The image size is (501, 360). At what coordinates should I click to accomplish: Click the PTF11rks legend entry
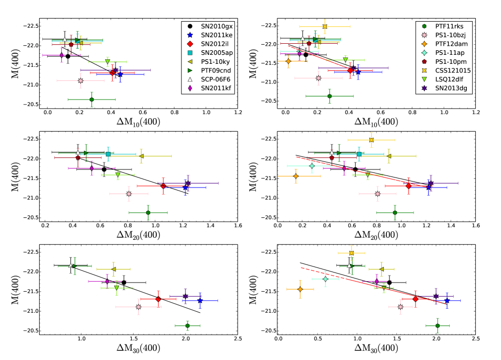pos(448,26)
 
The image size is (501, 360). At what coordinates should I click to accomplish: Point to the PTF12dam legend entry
pos(448,44)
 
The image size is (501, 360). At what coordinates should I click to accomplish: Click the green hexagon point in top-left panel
pos(91,100)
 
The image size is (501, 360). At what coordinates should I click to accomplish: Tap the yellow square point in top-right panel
pos(325,26)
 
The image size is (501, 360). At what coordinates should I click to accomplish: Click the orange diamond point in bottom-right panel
pos(300,289)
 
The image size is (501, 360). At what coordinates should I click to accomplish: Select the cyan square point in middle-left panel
pos(108,154)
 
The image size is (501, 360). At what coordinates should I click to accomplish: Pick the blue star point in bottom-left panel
pos(200,300)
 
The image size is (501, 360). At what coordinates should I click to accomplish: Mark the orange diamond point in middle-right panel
pos(295,176)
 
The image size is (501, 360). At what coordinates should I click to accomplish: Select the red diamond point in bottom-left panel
pos(158,299)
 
